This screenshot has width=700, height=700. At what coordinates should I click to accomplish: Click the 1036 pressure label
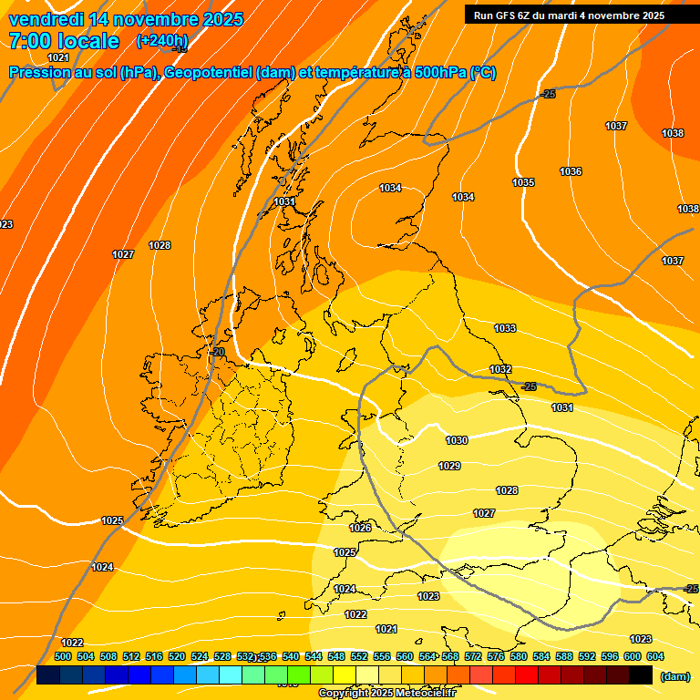tap(571, 171)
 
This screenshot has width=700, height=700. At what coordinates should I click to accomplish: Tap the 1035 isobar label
tap(523, 182)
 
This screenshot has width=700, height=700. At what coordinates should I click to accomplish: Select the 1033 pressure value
tap(504, 328)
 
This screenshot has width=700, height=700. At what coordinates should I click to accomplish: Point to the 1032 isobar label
tap(500, 369)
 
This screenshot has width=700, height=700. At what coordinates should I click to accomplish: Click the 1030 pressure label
tap(457, 440)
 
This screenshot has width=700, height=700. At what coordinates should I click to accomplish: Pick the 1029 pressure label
tap(449, 466)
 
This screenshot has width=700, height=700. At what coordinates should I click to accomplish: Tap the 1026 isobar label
tap(360, 528)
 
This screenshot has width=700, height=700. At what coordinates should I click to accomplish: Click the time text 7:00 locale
tap(64, 41)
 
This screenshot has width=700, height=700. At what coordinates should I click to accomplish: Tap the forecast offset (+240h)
tap(162, 41)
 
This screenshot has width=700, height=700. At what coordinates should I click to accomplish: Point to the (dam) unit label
tap(674, 676)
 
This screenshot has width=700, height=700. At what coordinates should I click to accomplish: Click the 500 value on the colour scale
tap(63, 656)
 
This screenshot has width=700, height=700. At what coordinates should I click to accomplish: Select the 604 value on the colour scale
tap(655, 656)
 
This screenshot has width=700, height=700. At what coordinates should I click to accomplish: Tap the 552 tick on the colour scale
tap(359, 656)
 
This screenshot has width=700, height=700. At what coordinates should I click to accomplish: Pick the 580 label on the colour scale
tap(519, 656)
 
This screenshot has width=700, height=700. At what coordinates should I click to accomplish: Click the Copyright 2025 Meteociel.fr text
tap(387, 694)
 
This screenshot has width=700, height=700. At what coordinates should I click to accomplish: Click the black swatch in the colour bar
tap(641, 675)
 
